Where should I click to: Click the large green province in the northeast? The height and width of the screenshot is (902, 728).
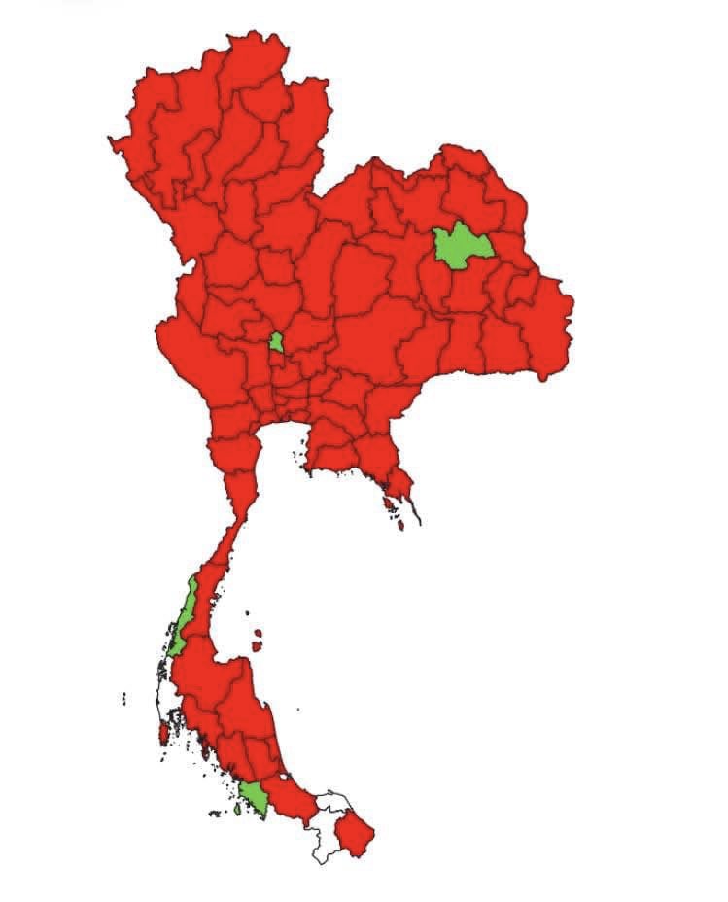tap(461, 245)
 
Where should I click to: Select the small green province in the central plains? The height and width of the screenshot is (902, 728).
tap(277, 342)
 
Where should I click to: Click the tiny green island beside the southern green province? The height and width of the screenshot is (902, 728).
tap(238, 808)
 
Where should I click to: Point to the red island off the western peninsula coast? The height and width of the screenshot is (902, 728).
tap(162, 730)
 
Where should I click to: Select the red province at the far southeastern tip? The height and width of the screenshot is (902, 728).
tap(355, 834)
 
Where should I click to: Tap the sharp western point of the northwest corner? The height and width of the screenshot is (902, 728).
tap(111, 142)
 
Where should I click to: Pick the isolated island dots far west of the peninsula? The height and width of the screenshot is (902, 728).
tap(124, 697)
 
